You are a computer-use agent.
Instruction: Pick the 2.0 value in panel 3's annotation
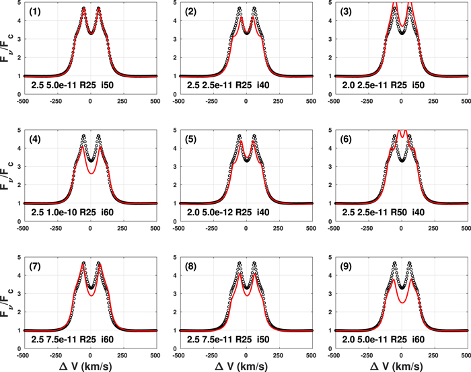(349, 85)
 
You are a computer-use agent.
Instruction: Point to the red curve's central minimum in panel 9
(401, 303)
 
